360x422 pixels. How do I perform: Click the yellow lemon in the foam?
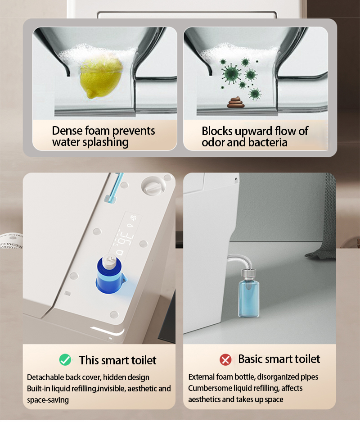click(102, 78)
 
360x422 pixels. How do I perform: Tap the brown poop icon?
click(235, 103)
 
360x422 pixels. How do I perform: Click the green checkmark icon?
click(65, 360)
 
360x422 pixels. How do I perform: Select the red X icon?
click(225, 359)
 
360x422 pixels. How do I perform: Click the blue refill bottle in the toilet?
click(110, 275)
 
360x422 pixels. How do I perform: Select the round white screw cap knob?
click(153, 186)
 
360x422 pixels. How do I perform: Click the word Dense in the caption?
click(67, 131)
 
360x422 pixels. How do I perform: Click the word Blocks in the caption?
click(217, 132)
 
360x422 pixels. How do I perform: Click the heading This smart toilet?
click(117, 360)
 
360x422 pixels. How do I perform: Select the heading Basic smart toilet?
click(279, 359)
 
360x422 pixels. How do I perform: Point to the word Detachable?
click(45, 377)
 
